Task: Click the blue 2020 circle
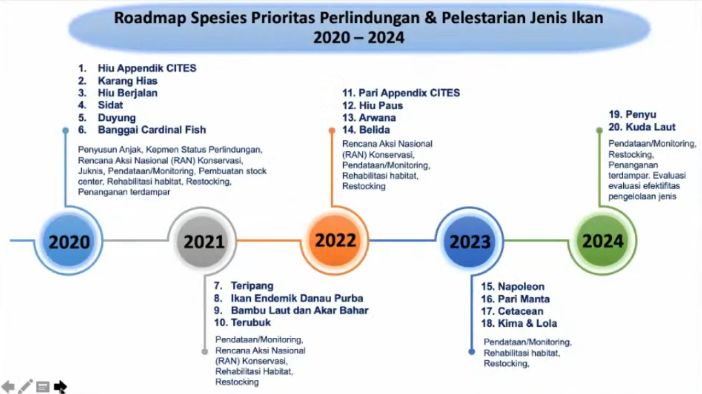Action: [x=69, y=241]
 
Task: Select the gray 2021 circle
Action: [x=203, y=241]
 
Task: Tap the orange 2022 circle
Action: [x=335, y=240]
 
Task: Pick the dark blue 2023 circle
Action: [x=470, y=241]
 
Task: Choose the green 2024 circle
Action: [x=602, y=241]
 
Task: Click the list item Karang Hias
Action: [x=127, y=81]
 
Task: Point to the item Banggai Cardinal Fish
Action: [x=152, y=130]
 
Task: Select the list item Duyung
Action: [x=117, y=118]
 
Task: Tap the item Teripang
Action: [x=252, y=285]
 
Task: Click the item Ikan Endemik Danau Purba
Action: [x=297, y=298]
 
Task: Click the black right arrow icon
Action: [x=61, y=386]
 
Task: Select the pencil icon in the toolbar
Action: [x=25, y=386]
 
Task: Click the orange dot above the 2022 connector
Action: [x=332, y=130]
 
